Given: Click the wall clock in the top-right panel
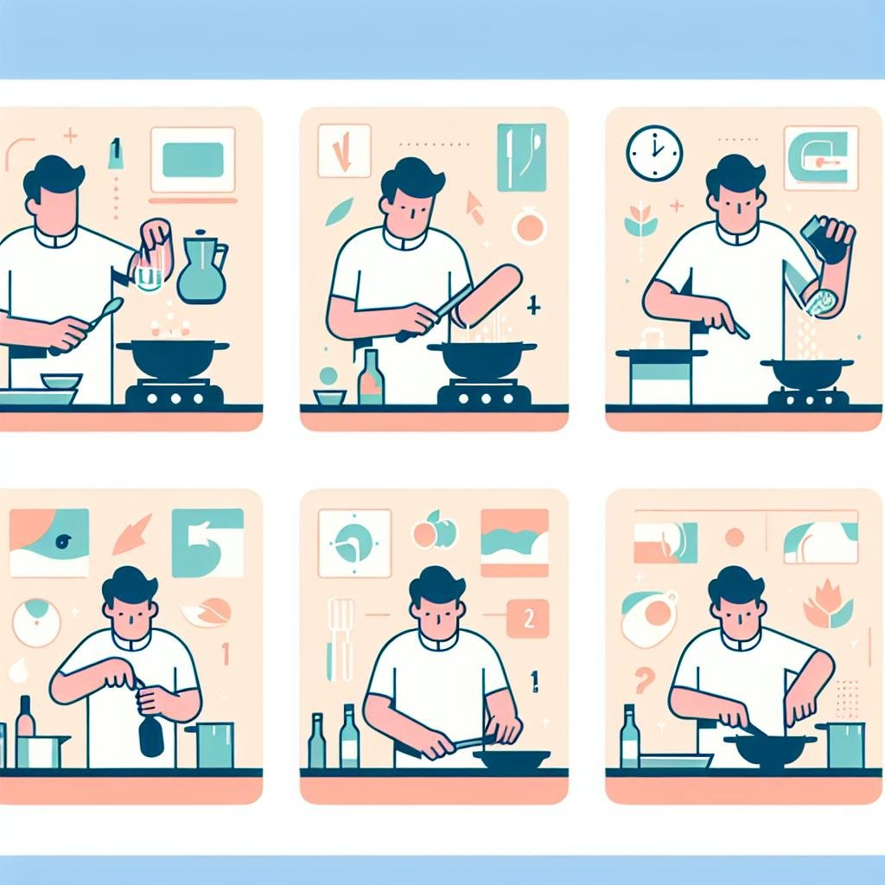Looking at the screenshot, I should (654, 153).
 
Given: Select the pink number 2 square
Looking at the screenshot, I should (526, 619).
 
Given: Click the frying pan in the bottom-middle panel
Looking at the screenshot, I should (510, 757).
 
